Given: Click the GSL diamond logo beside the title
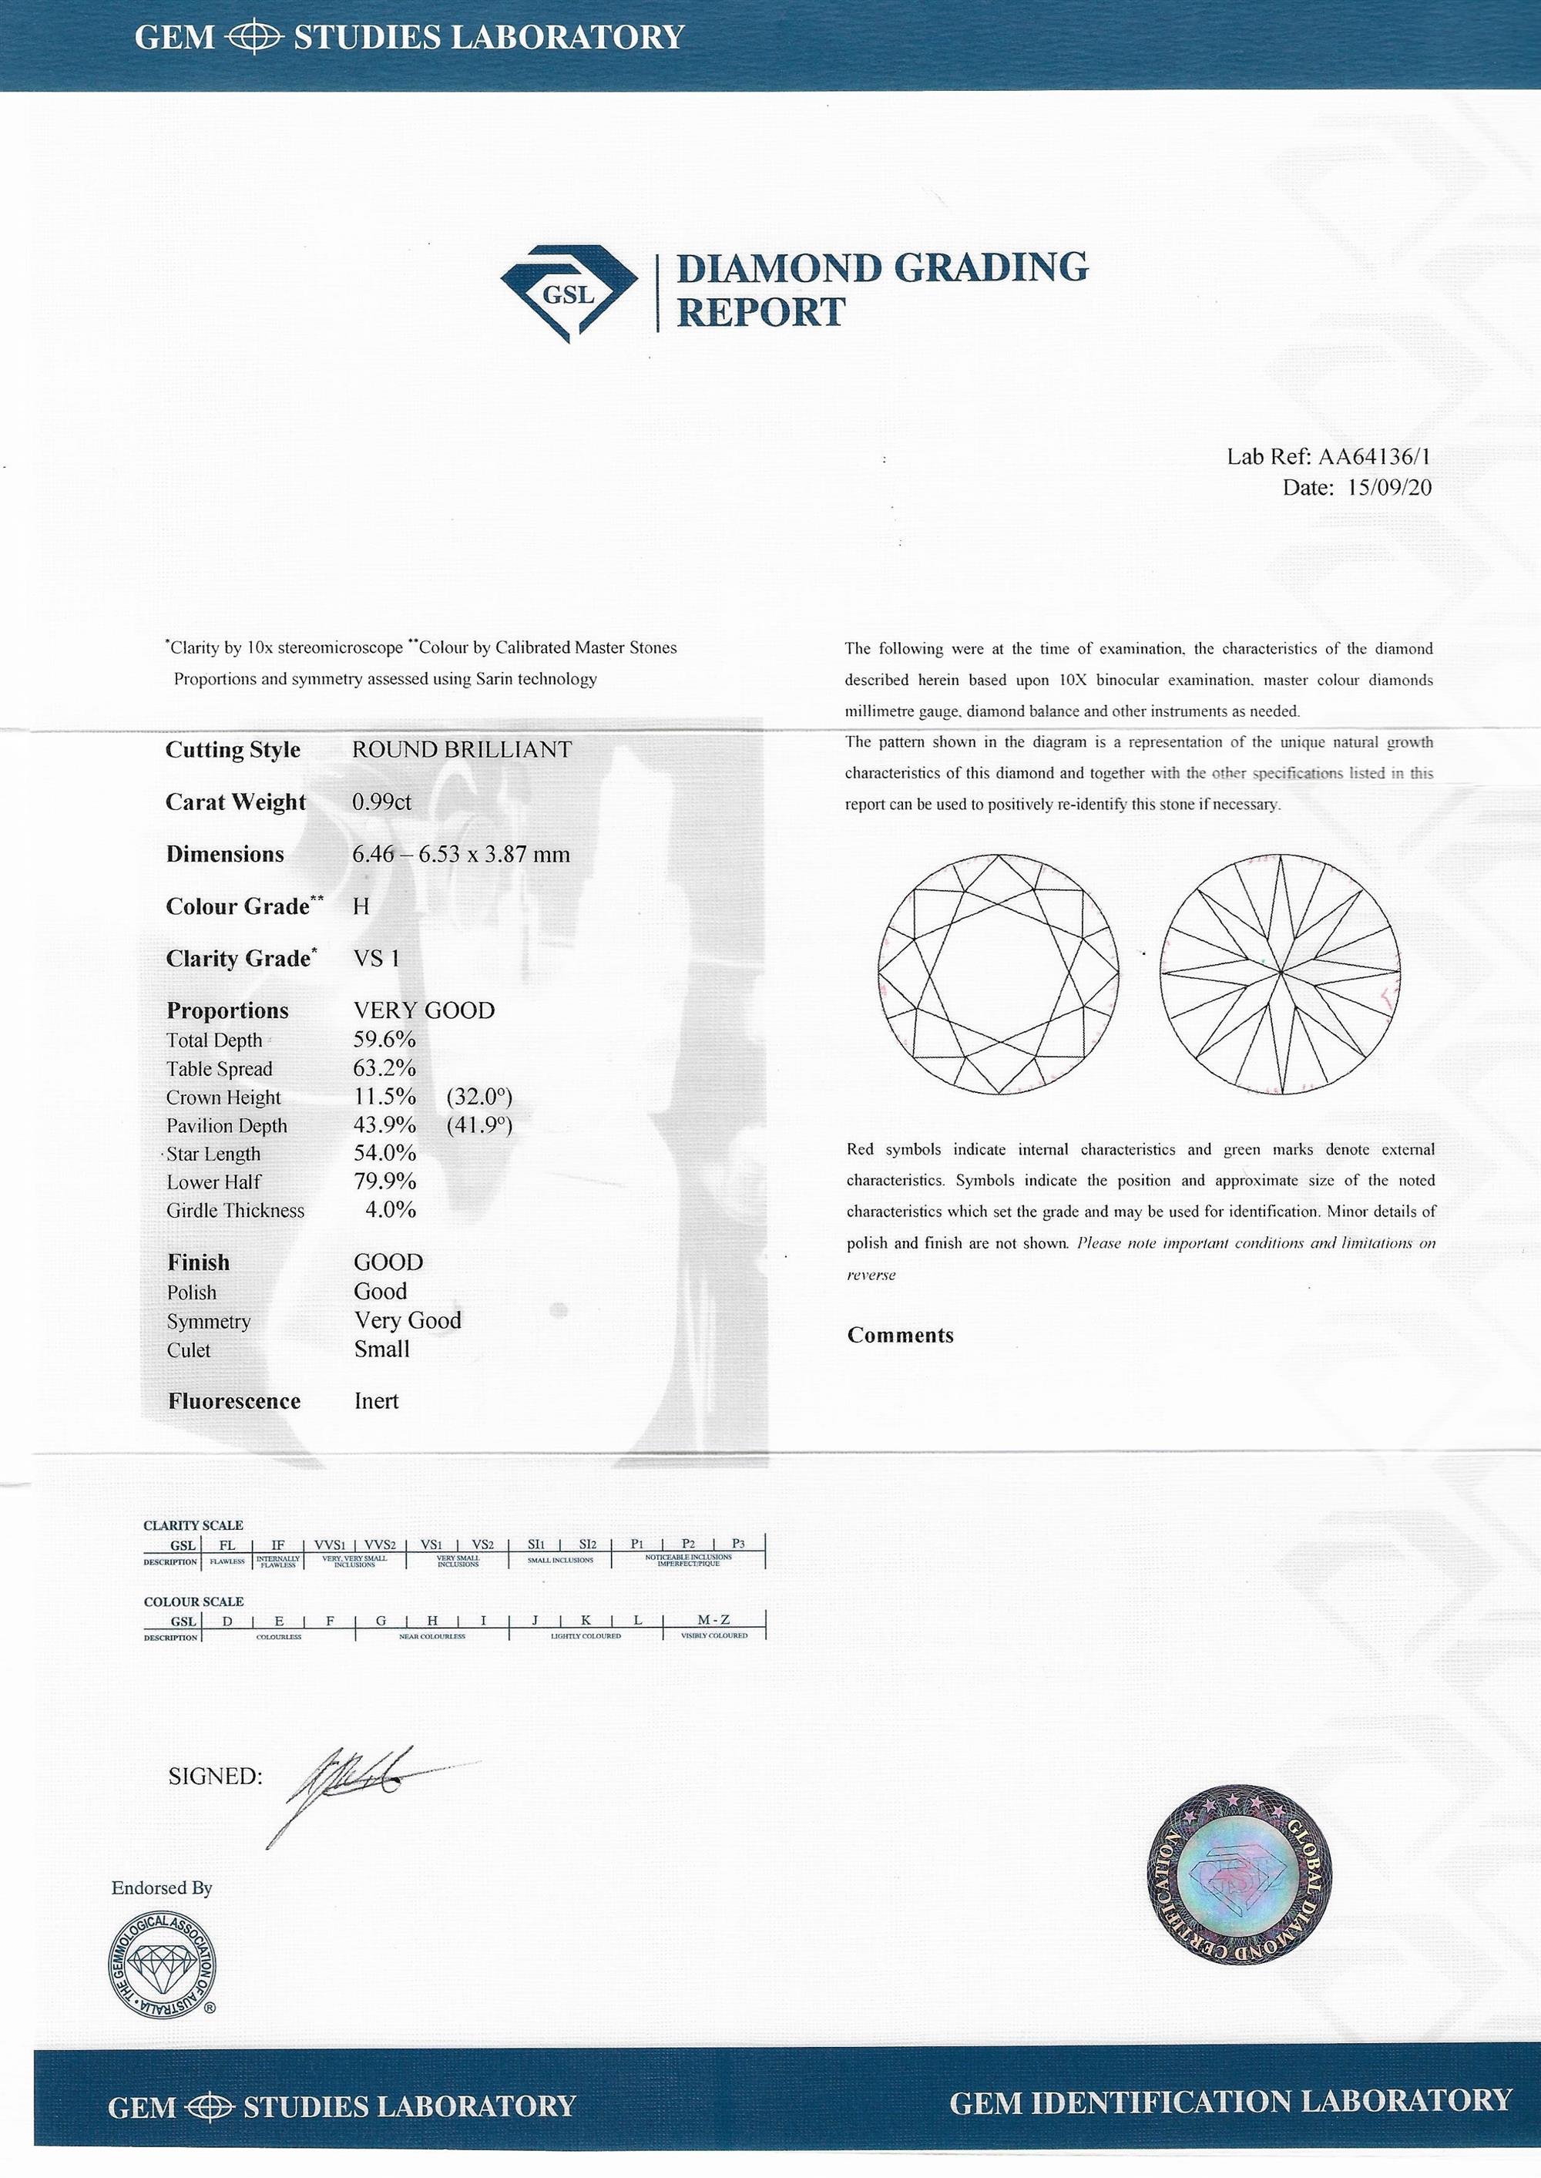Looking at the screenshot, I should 569,293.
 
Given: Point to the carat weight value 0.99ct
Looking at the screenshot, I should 381,802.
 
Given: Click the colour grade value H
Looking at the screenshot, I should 361,906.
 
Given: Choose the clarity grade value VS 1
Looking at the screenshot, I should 377,959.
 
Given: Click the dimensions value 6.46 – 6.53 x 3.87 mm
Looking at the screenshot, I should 462,854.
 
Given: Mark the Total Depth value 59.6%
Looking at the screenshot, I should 384,1040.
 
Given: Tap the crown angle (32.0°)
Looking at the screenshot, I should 478,1097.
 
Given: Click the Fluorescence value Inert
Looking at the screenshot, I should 376,1401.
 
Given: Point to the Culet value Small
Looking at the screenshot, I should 381,1349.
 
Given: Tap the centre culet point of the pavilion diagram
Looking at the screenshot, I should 1280,972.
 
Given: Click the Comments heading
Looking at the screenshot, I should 899,1336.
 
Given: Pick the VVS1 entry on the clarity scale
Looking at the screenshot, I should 329,1544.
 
